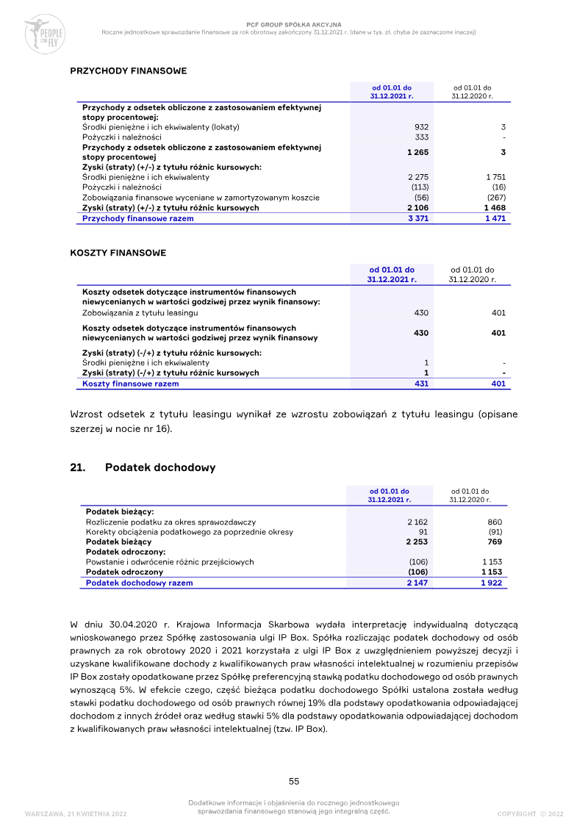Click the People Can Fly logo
44,34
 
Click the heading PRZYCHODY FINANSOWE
128,71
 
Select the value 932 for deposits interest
421,127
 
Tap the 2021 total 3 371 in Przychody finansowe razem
417,219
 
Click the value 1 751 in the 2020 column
496,177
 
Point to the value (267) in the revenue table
496,198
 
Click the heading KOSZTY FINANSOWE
118,253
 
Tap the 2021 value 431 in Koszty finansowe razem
421,384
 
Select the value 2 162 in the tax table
417,522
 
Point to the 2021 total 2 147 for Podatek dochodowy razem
417,583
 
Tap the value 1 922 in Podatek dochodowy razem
491,583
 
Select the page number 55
293,781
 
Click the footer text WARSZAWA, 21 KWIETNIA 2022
76,814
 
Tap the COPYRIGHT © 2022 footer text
530,814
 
